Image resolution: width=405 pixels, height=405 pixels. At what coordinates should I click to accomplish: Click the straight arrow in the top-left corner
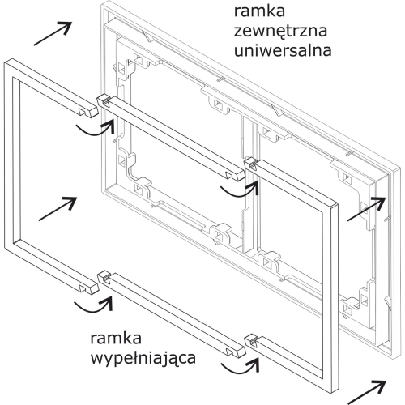tap(53, 33)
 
